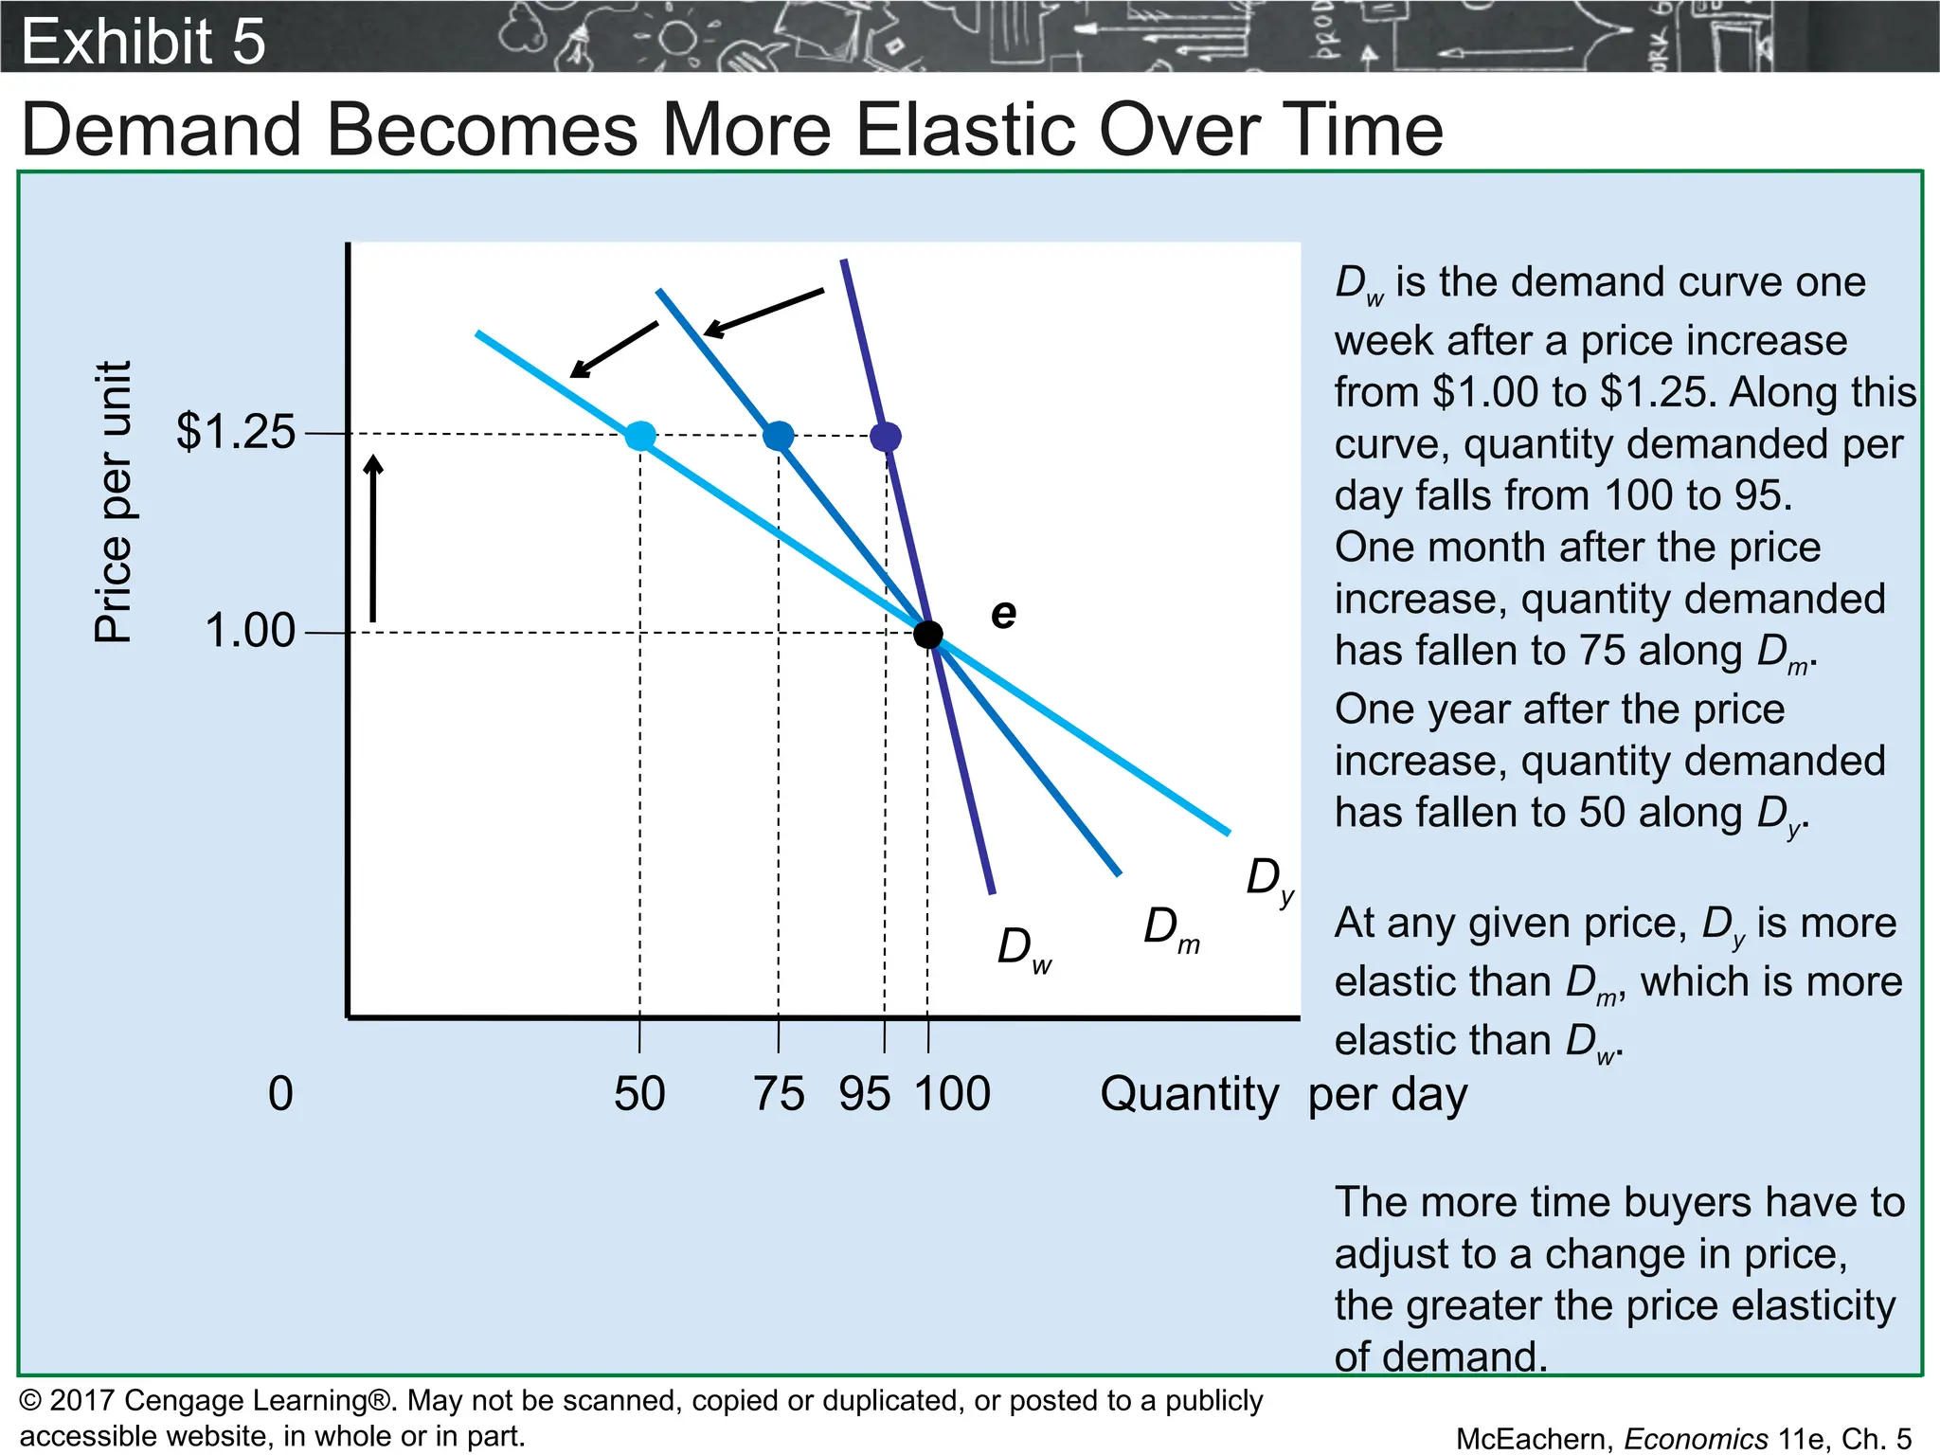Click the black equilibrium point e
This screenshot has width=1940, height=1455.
tap(927, 634)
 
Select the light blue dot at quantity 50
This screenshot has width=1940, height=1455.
tap(640, 436)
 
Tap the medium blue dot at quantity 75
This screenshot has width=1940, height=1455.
tap(778, 436)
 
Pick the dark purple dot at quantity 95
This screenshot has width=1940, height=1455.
tap(885, 437)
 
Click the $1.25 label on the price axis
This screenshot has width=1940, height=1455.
tap(236, 432)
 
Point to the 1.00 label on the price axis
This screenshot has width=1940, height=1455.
tap(250, 631)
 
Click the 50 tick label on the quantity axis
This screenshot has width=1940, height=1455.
tap(639, 1094)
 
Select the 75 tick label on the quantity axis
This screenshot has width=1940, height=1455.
tap(779, 1094)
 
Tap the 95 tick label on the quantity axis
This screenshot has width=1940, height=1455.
tap(864, 1094)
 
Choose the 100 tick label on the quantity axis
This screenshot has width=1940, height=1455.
tap(952, 1094)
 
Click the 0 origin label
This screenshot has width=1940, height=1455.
tap(280, 1094)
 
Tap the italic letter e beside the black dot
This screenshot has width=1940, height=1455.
tap(1003, 614)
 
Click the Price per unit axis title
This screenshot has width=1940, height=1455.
tap(113, 502)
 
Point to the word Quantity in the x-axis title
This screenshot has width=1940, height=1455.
tap(1189, 1094)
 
